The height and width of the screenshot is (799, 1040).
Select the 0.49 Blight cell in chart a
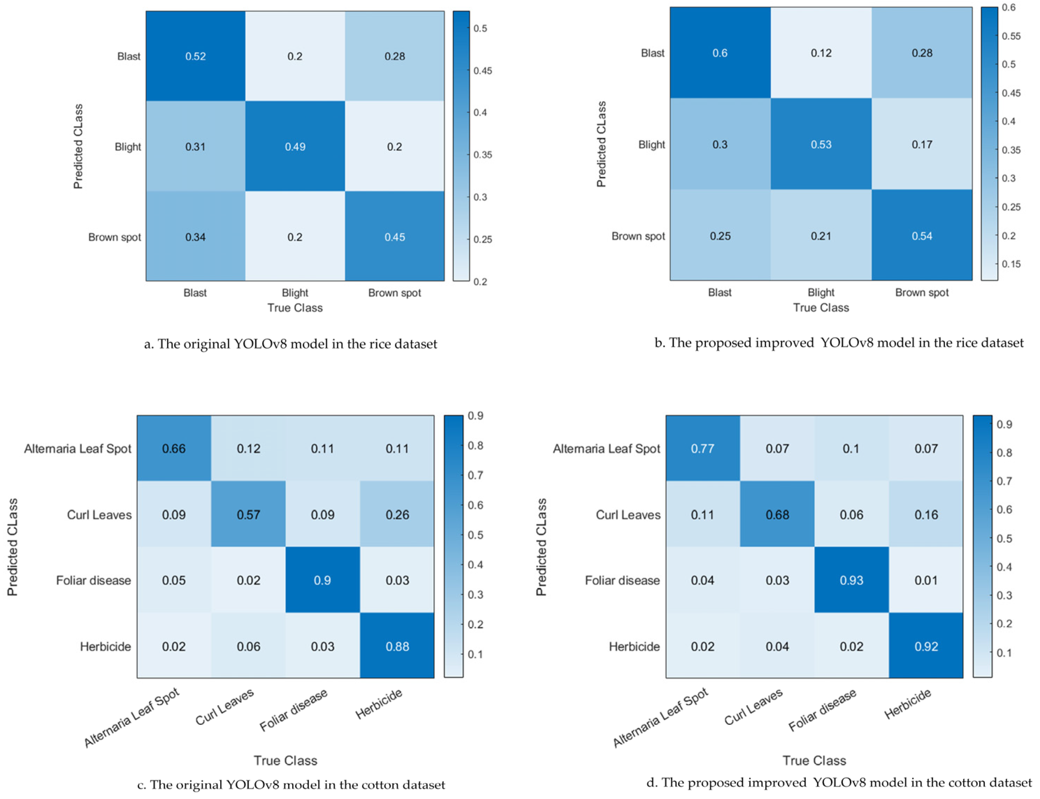(x=295, y=146)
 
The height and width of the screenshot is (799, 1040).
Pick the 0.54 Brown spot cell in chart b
(x=921, y=236)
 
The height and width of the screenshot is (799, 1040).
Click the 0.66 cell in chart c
(x=174, y=449)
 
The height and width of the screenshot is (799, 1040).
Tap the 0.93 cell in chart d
(x=851, y=580)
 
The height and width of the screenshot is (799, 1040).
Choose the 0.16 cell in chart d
(x=926, y=515)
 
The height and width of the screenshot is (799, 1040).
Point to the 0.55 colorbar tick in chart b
(x=1011, y=36)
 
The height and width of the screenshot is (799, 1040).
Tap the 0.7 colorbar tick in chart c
(x=475, y=475)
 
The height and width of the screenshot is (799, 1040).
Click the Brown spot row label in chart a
(x=115, y=237)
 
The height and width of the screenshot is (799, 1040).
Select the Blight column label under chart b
(x=821, y=292)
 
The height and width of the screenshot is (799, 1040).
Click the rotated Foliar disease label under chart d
(x=822, y=710)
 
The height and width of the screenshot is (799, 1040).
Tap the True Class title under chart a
(x=295, y=308)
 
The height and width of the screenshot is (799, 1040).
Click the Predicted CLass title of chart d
(x=541, y=547)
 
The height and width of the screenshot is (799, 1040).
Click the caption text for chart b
(x=838, y=342)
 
